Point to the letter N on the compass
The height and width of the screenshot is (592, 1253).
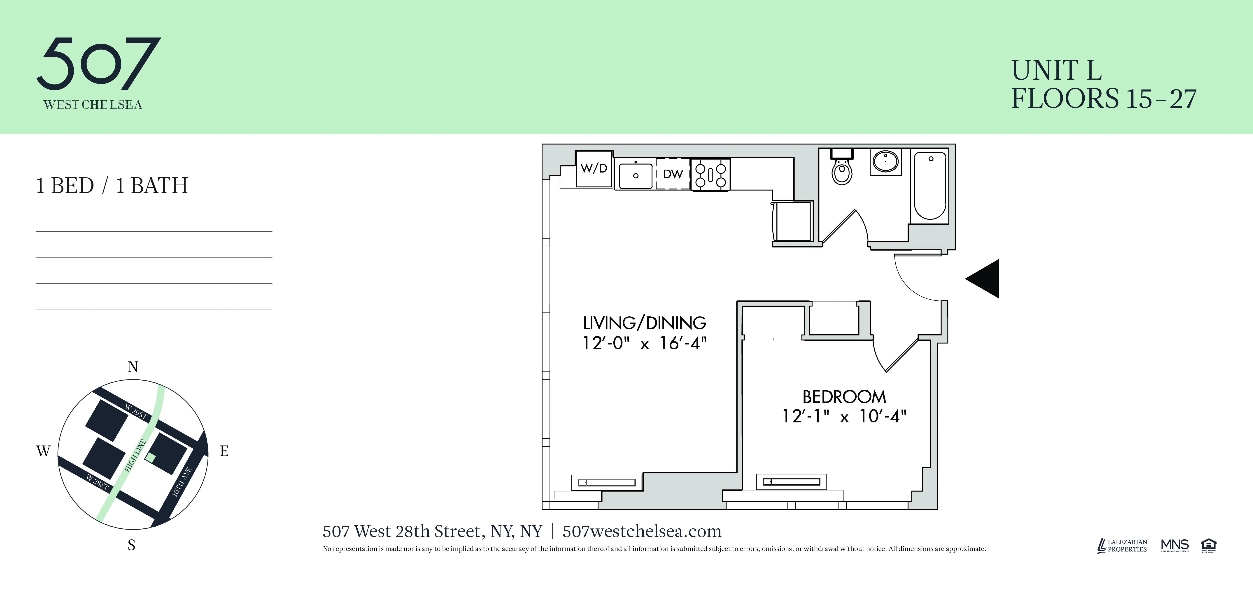133,367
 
